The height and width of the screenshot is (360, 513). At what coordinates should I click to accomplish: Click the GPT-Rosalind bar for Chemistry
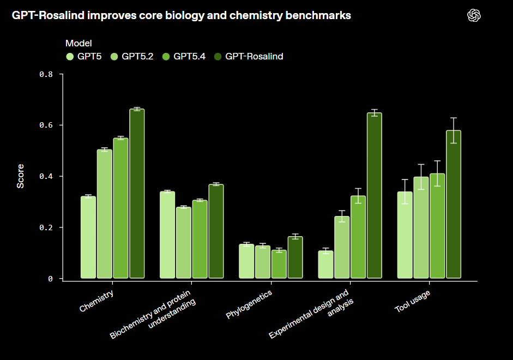[137, 194]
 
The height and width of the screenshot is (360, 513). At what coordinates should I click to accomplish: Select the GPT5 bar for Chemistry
[88, 237]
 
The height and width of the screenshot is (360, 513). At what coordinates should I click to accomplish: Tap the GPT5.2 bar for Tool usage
[421, 227]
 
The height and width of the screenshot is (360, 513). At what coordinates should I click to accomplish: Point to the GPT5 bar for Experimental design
[325, 265]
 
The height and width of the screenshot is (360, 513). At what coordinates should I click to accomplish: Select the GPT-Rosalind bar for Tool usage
[454, 205]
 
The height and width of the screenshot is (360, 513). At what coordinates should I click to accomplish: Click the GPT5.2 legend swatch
[114, 56]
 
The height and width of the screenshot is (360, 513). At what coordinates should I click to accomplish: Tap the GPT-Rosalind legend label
[254, 56]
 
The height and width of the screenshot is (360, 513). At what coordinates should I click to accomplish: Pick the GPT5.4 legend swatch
[166, 56]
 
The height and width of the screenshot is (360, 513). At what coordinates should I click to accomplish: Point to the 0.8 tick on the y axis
[46, 74]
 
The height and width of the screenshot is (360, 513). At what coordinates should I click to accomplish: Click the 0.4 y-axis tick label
[46, 176]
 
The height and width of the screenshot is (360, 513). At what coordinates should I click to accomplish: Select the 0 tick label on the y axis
[50, 278]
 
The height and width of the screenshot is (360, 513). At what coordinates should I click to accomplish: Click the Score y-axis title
[21, 176]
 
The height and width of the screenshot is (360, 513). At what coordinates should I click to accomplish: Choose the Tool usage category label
[412, 301]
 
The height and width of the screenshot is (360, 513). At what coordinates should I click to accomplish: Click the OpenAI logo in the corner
[474, 16]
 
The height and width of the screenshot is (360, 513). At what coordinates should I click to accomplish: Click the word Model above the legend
[79, 43]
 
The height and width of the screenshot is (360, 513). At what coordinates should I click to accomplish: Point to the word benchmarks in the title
[324, 16]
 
